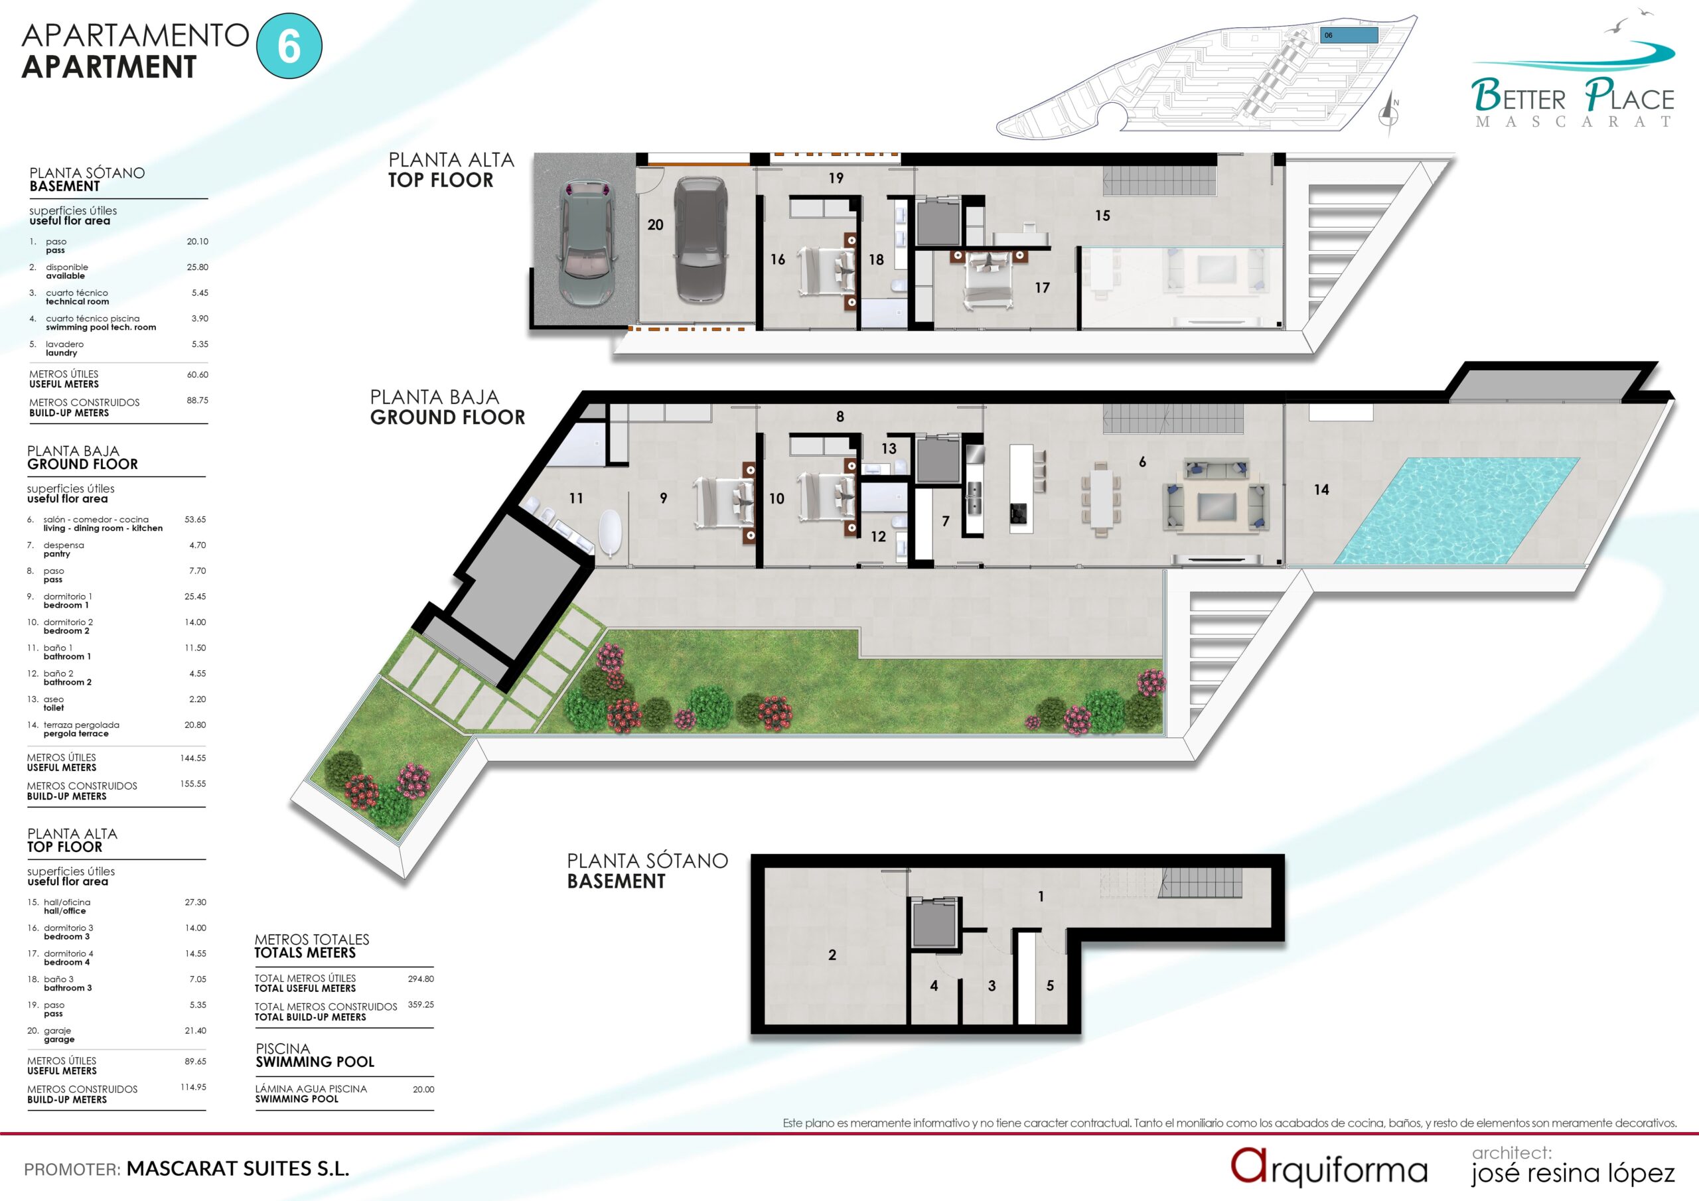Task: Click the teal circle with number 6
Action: click(289, 46)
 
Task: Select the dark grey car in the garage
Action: click(700, 238)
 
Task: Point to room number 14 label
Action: click(1321, 489)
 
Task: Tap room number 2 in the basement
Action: click(832, 955)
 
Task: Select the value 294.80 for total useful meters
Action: click(421, 978)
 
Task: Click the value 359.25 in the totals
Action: click(421, 1004)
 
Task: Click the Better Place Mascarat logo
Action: click(1572, 84)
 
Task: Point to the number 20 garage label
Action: click(655, 224)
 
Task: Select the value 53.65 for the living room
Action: click(195, 520)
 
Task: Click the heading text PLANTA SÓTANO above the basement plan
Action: click(648, 861)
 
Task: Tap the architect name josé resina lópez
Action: click(1572, 1173)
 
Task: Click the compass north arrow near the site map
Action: click(1390, 115)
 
